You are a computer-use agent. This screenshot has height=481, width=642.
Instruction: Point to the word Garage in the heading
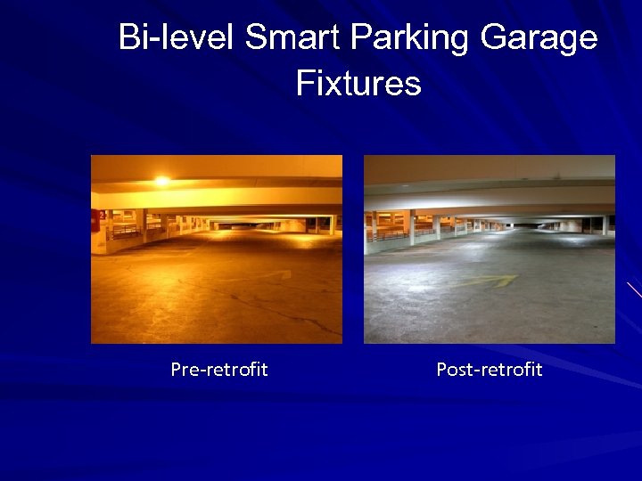[x=539, y=38]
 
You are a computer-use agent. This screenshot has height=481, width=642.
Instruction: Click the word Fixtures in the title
[x=358, y=85]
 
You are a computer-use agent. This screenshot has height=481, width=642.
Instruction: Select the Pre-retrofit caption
[x=219, y=370]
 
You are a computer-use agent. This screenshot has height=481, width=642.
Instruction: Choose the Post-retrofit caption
[x=489, y=370]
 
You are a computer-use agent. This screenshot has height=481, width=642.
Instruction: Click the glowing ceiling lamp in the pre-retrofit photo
[x=161, y=181]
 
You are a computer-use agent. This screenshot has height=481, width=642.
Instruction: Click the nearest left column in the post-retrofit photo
[x=411, y=227]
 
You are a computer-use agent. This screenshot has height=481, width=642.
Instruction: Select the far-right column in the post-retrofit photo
[x=604, y=224]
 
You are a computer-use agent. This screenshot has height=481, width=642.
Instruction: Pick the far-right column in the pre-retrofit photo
[x=331, y=224]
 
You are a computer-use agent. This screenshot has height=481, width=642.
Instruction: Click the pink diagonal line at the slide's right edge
[x=633, y=289]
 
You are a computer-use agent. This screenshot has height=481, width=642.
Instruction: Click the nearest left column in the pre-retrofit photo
[x=141, y=226]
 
